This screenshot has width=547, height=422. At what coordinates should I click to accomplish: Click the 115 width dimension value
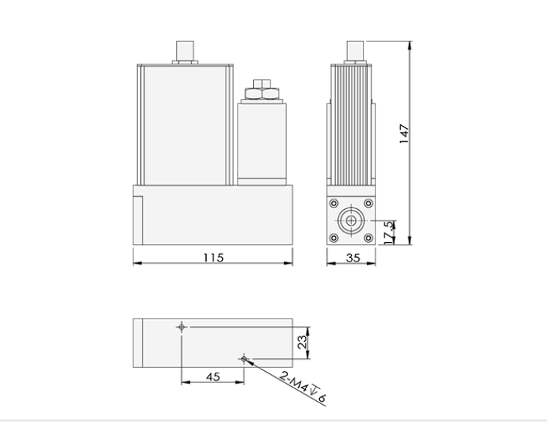coord(214,258)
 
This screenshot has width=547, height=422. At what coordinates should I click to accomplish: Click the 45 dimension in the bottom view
coord(212,377)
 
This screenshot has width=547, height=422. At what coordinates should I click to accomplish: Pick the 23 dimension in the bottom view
coord(302,343)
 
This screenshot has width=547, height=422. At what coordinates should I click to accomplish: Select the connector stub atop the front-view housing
coord(184,51)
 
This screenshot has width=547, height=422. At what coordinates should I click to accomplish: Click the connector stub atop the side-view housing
coord(354,51)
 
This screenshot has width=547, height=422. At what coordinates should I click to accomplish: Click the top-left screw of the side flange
coord(334,204)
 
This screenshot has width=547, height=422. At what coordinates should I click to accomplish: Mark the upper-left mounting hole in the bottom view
coord(181,327)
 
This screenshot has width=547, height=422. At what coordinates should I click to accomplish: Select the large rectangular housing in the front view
coord(183,124)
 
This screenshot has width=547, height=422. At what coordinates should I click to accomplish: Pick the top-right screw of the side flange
coord(368,204)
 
